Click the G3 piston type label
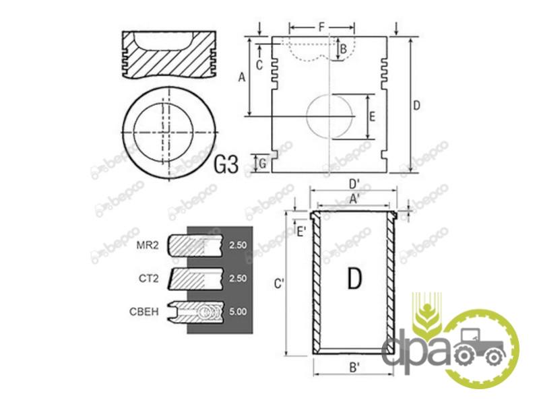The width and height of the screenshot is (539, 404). (x=226, y=164)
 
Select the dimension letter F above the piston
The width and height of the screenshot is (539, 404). (x=321, y=27)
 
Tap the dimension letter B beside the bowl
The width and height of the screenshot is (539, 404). (x=343, y=49)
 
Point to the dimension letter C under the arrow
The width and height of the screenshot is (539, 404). (x=259, y=65)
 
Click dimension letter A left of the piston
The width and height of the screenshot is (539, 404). (x=242, y=77)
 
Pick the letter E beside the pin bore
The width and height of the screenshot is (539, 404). (x=372, y=116)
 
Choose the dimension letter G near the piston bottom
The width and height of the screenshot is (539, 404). (x=262, y=164)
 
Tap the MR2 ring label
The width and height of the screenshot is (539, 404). (x=148, y=245)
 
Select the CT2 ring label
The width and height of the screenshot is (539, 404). (x=149, y=278)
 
